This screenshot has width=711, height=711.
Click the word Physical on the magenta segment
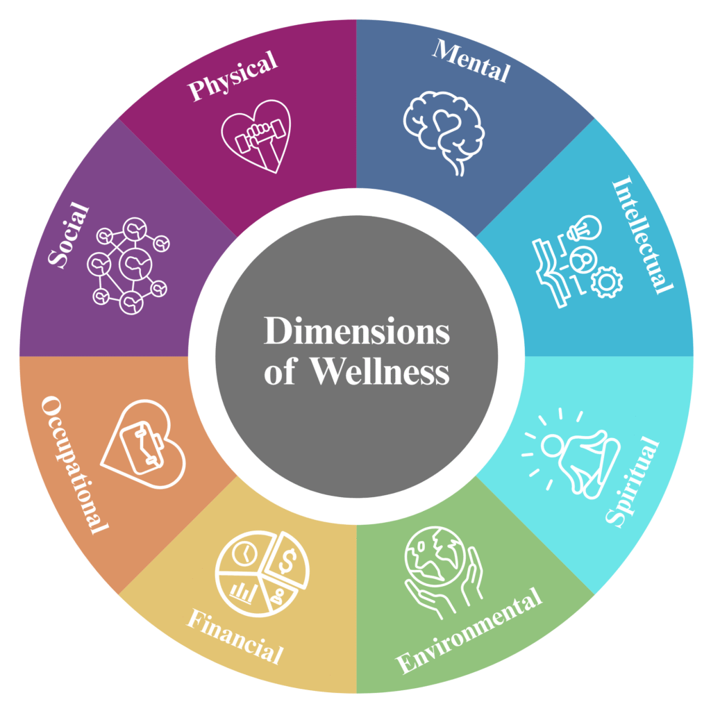(x=234, y=78)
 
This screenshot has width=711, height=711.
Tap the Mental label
(x=471, y=60)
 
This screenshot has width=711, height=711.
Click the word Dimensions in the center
(x=356, y=332)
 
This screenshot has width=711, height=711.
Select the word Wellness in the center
(x=379, y=373)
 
